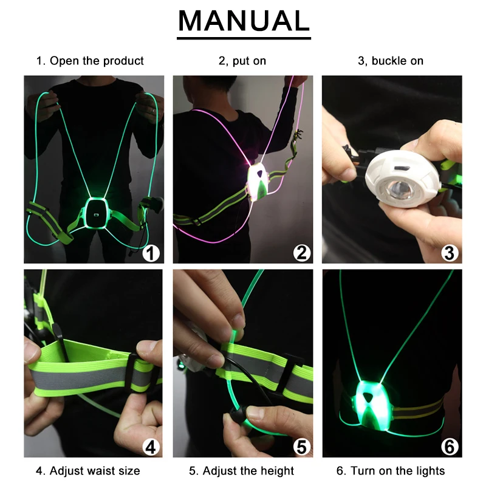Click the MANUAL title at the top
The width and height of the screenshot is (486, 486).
[x=244, y=21]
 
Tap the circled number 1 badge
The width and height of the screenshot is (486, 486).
[x=151, y=253]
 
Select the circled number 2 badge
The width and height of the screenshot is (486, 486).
[x=301, y=253]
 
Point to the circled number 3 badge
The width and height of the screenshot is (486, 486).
[x=450, y=253]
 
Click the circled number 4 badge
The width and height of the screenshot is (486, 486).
[x=151, y=447]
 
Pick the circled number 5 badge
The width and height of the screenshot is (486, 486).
[x=301, y=447]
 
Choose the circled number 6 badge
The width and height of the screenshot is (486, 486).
[x=450, y=447]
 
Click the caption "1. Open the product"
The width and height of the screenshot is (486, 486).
[x=90, y=61]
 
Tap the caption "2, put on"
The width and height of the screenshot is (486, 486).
[x=242, y=61]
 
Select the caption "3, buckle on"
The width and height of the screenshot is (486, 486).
[x=391, y=61]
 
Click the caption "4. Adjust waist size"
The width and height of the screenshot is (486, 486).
[x=88, y=471]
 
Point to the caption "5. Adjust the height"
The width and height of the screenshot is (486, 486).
[x=241, y=471]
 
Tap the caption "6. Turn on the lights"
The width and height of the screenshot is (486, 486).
[x=391, y=471]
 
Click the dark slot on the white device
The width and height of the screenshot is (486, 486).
[x=402, y=168]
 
